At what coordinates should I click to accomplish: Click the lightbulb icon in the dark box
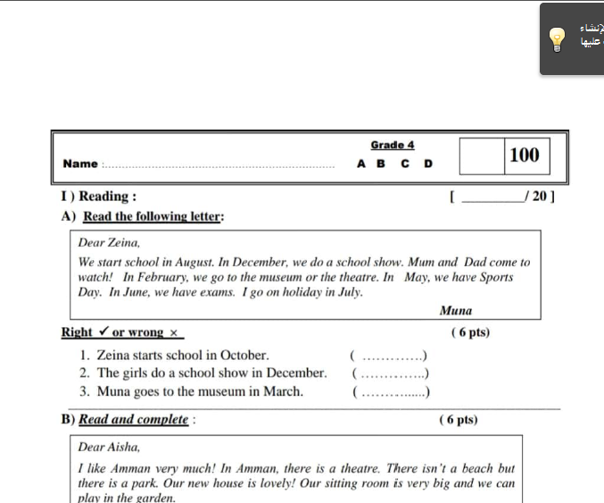(x=557, y=38)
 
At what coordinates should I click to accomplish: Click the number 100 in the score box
(x=524, y=155)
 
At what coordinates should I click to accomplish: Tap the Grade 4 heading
(x=393, y=145)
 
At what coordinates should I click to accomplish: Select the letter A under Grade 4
(x=361, y=164)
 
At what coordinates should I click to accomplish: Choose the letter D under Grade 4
(x=428, y=164)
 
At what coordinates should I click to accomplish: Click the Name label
(x=80, y=163)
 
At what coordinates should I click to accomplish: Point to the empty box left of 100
(x=482, y=155)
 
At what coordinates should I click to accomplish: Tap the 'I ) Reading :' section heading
(x=99, y=197)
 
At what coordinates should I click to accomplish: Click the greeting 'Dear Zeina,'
(x=109, y=242)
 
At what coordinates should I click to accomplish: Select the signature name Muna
(x=456, y=311)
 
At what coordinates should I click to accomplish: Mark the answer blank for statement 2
(x=392, y=373)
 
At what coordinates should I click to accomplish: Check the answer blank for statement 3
(x=392, y=391)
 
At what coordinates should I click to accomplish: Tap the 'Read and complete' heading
(x=134, y=419)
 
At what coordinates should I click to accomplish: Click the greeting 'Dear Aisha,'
(x=109, y=447)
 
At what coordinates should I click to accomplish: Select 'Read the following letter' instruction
(x=153, y=216)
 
